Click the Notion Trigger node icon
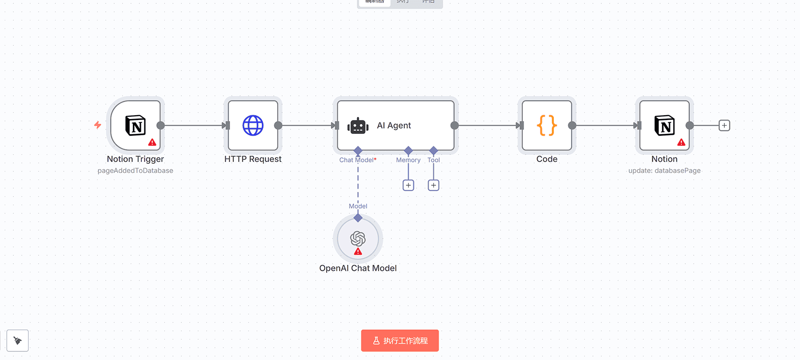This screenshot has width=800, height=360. [x=135, y=126]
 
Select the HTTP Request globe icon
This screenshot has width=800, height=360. [x=253, y=126]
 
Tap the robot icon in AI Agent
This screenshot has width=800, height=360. [x=358, y=126]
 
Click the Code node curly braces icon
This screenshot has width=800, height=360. [x=547, y=126]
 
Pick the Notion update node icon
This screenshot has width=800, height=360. [x=664, y=126]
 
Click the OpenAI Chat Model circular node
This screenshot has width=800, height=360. [x=358, y=239]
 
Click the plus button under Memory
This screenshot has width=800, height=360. [x=408, y=185]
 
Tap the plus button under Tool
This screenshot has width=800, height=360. [x=433, y=185]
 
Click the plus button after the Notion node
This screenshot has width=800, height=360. [x=724, y=126]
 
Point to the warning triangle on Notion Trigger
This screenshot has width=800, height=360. [x=152, y=142]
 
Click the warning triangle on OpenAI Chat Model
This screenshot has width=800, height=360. [x=358, y=251]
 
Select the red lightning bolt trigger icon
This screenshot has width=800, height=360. [x=98, y=125]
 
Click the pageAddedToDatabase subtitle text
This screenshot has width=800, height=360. [x=135, y=170]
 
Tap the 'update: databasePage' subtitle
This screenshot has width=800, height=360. [x=664, y=170]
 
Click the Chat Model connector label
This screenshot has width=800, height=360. [x=357, y=160]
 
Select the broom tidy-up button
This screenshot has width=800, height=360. [x=18, y=340]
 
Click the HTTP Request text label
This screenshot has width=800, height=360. [x=253, y=159]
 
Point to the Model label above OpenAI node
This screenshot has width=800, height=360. [x=358, y=206]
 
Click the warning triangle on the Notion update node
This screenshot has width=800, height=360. [x=681, y=142]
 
